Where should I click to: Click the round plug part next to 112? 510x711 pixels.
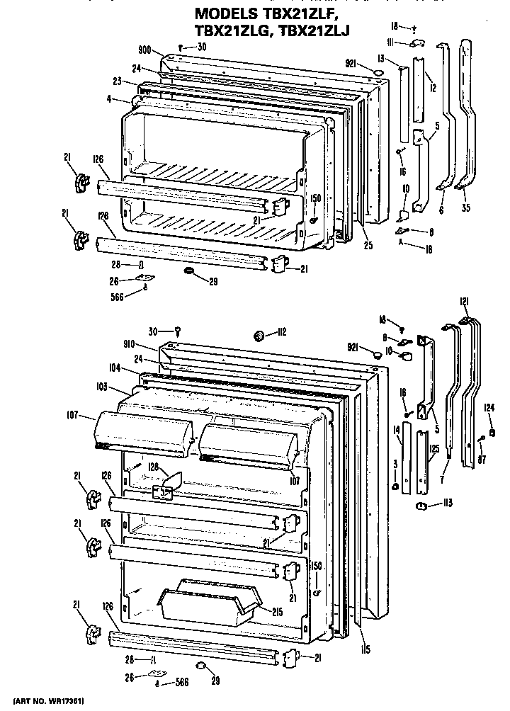[261, 334]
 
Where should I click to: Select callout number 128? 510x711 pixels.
[154, 467]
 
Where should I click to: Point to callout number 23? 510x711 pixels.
[117, 81]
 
